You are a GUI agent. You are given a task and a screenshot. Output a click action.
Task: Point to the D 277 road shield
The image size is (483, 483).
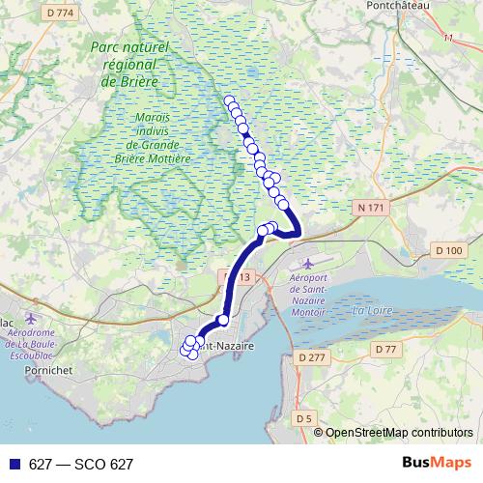(x=308, y=358)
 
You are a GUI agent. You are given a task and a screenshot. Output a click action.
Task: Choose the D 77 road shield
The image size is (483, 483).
(x=386, y=349)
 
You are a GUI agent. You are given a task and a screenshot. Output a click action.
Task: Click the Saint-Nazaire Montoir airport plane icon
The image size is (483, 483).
(x=308, y=264)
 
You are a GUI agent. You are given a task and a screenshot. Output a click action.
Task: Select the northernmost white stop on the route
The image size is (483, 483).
(x=229, y=100)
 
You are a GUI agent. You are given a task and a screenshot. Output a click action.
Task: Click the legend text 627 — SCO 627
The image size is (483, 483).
(x=80, y=465)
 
